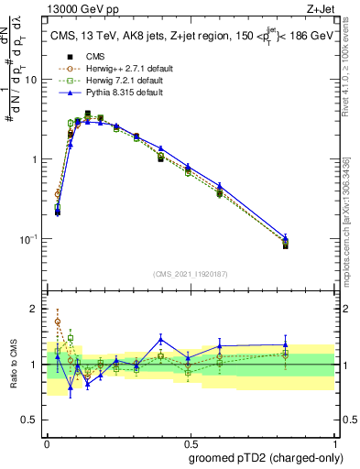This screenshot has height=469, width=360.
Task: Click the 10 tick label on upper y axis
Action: tap(31, 80)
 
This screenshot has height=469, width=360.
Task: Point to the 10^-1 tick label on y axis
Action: tap(28, 239)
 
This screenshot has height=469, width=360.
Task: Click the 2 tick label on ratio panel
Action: tap(35, 309)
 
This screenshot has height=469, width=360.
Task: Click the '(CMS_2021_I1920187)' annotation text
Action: tap(189, 273)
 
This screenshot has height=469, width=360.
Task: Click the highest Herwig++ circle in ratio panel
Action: tap(57, 322)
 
